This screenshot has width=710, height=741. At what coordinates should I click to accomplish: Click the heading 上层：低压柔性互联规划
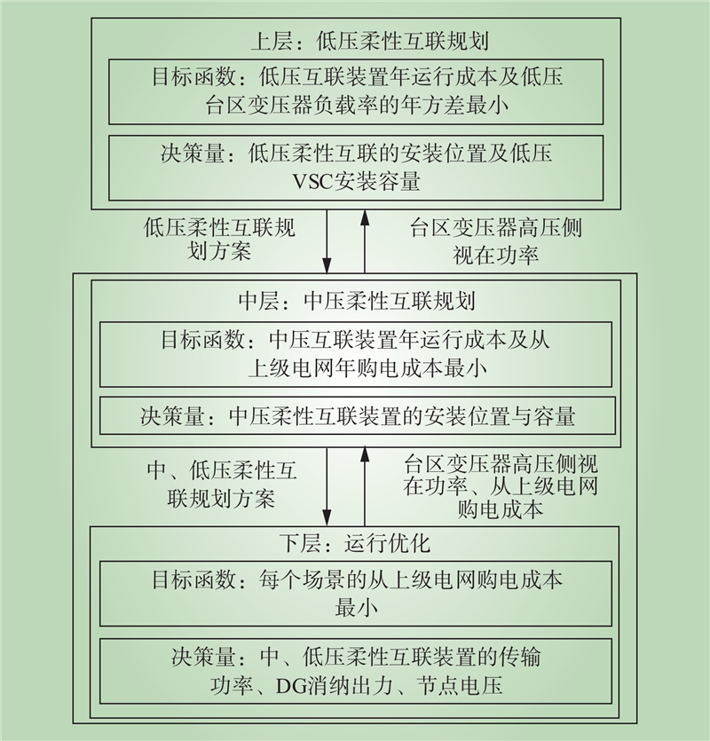click(x=369, y=41)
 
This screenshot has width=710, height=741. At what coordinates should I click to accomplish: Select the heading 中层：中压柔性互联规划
click(x=357, y=301)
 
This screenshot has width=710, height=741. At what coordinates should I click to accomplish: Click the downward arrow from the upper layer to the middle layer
click(x=327, y=241)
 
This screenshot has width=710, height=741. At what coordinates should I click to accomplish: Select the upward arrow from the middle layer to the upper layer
click(x=365, y=241)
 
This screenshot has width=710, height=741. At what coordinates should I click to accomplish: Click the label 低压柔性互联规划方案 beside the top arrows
click(x=219, y=239)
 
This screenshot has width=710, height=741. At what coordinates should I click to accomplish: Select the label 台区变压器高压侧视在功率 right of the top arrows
click(x=496, y=241)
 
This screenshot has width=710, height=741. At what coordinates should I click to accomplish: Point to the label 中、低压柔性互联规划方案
click(x=221, y=485)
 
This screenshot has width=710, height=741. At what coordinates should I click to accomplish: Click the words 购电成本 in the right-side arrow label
click(x=501, y=509)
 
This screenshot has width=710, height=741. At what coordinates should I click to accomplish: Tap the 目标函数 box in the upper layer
click(x=356, y=91)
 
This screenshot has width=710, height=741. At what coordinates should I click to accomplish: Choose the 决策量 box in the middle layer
click(x=358, y=416)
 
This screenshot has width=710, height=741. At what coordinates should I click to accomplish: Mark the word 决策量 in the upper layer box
click(x=192, y=154)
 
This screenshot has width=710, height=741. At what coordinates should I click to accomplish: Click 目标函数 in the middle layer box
click(x=202, y=340)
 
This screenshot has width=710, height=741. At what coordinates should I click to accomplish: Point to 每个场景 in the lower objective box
click(x=300, y=579)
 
